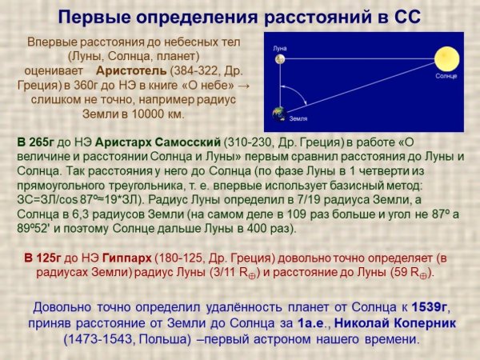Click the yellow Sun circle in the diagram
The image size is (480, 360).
click(444, 58)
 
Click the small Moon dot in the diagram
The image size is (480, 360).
click(278, 58)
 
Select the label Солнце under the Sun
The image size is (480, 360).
click(446, 76)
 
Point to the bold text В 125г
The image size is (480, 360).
click(42, 258)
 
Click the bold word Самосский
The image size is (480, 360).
click(191, 142)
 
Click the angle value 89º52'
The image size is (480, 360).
click(36, 228)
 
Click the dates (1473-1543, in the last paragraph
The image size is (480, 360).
click(99, 338)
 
